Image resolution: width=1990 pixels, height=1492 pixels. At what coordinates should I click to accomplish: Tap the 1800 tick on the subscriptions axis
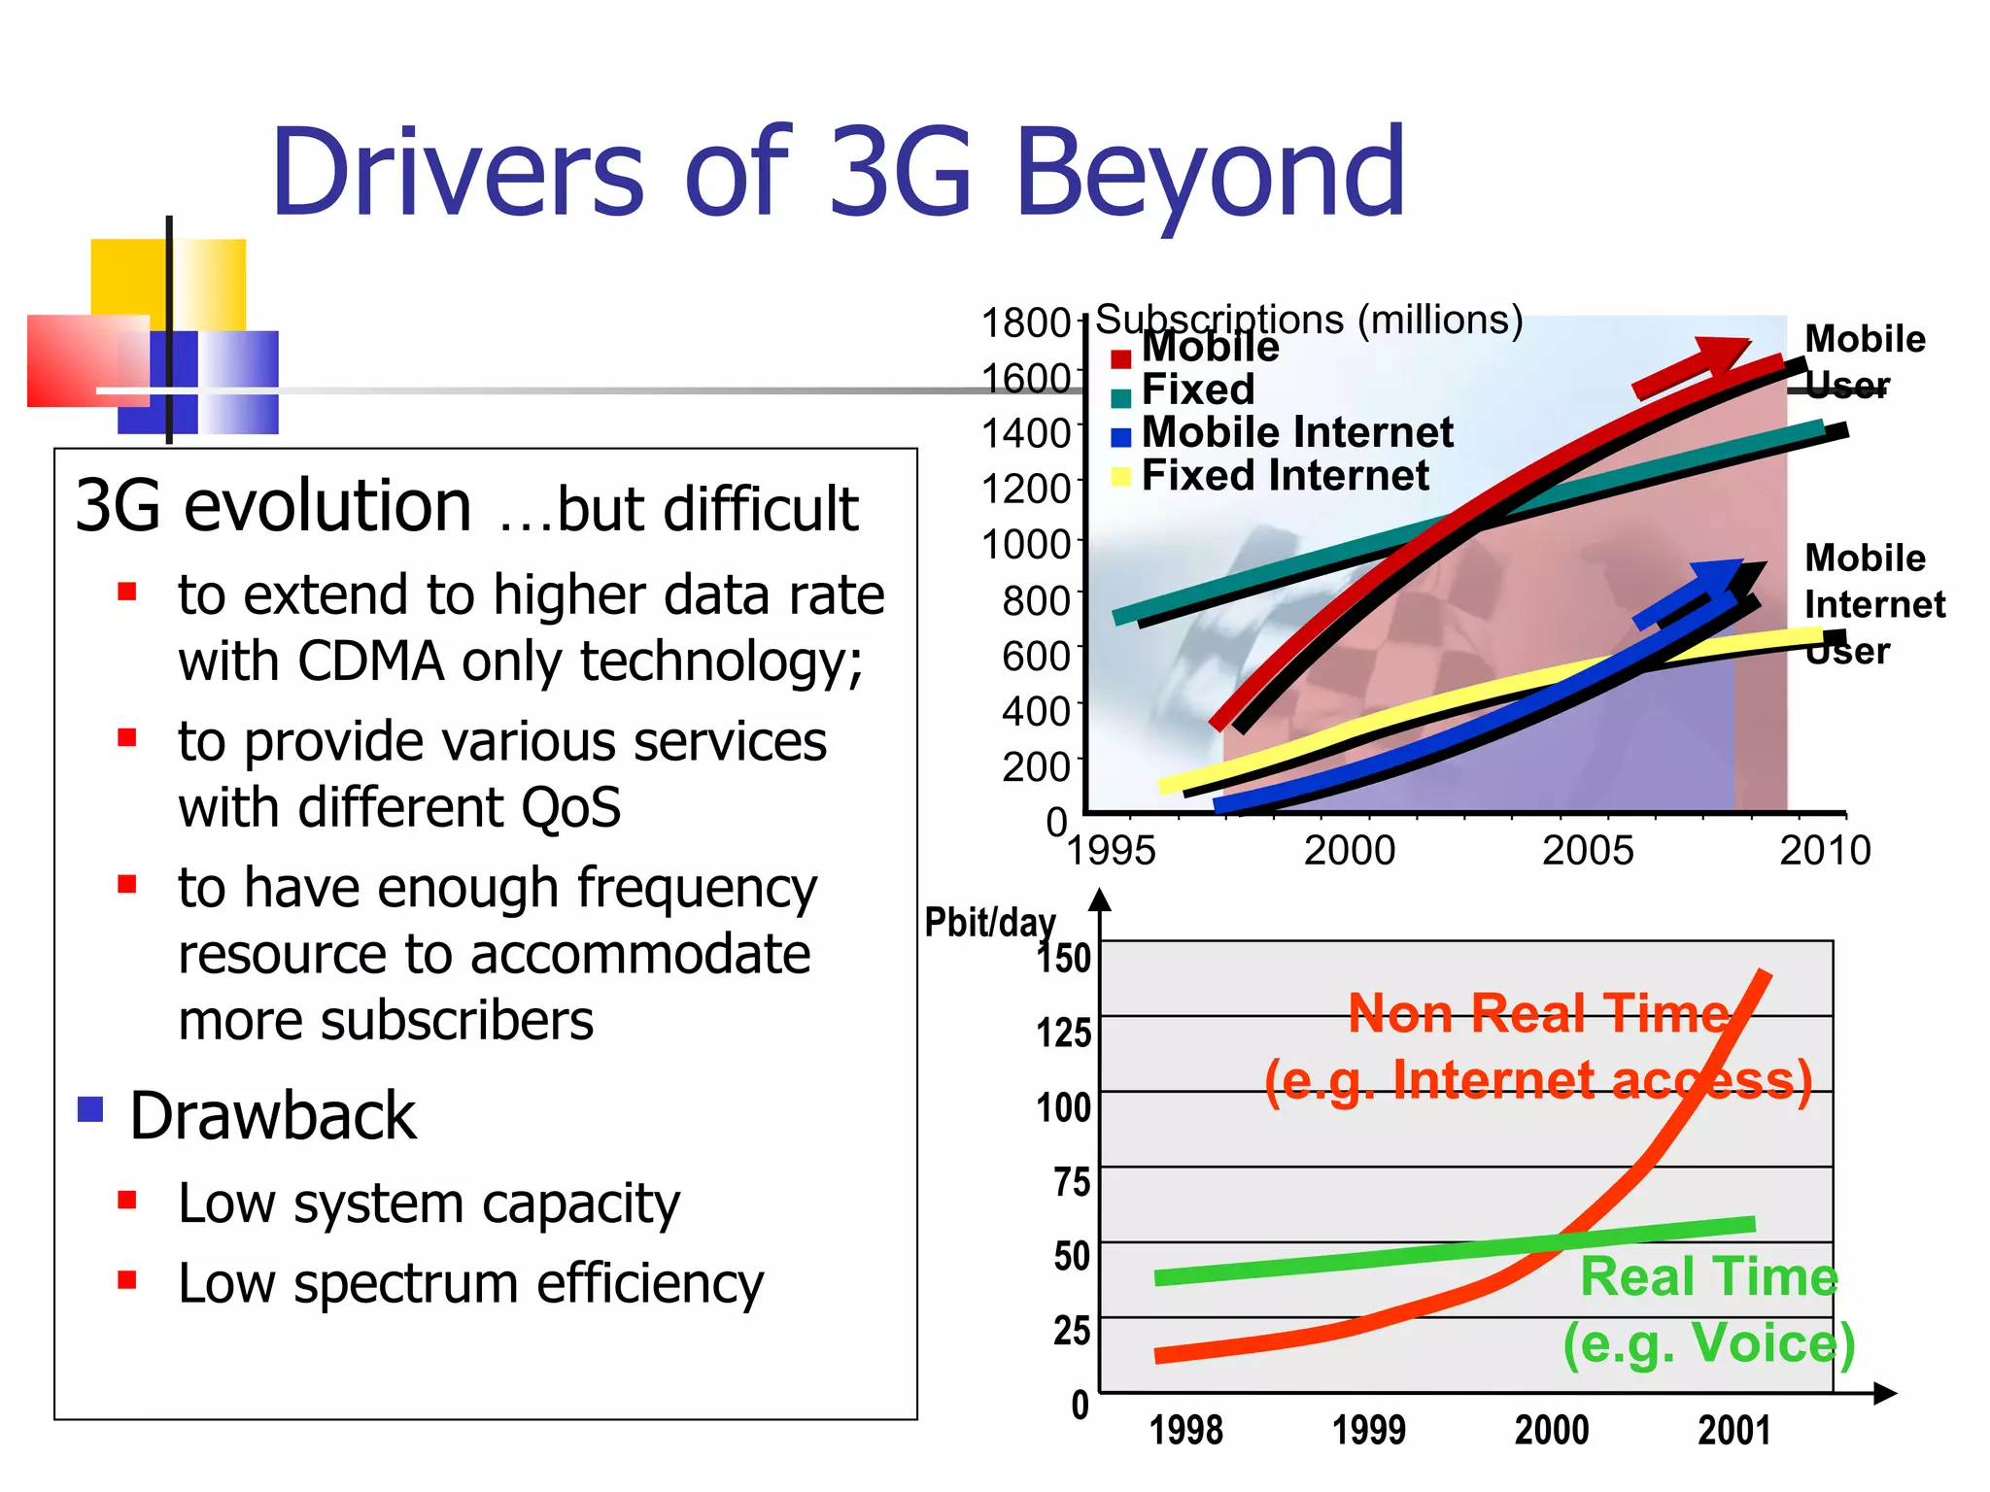click(1025, 322)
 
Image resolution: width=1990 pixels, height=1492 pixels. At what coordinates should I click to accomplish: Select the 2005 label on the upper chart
click(1588, 851)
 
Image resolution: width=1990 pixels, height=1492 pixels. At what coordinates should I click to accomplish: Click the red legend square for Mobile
click(1120, 358)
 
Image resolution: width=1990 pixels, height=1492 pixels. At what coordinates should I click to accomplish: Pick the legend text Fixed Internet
click(1285, 476)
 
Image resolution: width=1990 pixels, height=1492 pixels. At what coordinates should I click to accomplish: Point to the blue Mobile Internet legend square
click(1120, 437)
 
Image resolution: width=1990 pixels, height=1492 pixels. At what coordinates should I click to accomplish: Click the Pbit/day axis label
click(988, 922)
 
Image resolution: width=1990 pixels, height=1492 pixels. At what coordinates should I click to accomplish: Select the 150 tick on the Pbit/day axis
click(1064, 958)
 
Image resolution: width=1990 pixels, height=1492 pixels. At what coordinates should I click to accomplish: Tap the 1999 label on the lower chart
click(1368, 1430)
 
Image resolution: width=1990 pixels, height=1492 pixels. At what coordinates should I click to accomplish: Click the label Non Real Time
click(1538, 1013)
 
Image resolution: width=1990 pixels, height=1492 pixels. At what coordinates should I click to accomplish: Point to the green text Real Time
click(1708, 1276)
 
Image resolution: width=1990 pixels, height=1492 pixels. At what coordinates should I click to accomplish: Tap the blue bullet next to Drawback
click(90, 1108)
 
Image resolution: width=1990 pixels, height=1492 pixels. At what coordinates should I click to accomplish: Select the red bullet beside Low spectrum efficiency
click(126, 1279)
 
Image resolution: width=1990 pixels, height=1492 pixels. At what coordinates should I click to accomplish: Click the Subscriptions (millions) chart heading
click(1308, 319)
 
